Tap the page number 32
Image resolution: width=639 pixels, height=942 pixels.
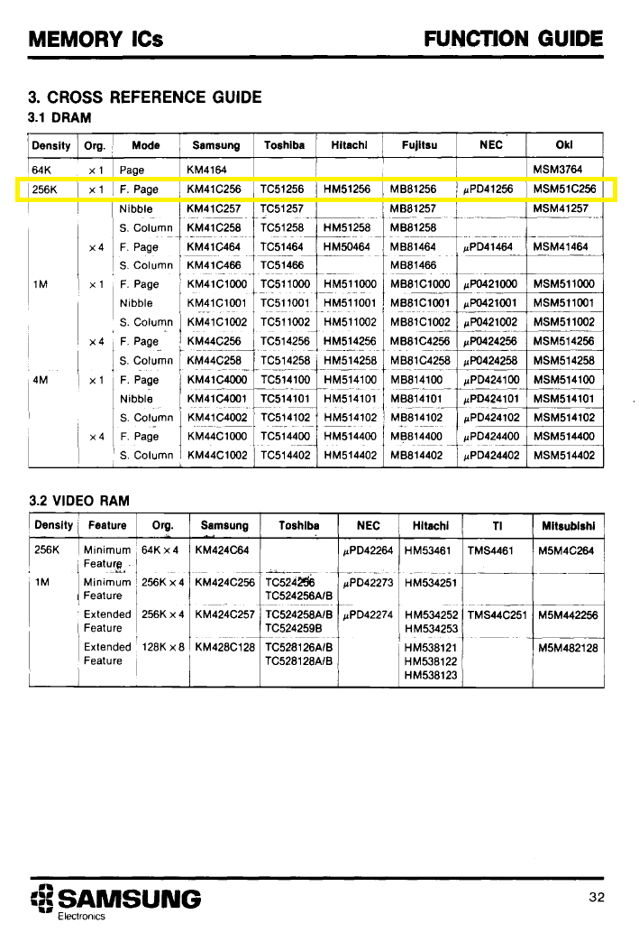pos(597,896)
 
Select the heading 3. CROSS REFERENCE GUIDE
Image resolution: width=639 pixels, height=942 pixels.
pos(145,97)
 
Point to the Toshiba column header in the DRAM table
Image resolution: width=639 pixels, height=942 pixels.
pos(284,145)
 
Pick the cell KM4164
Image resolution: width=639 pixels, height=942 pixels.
pos(206,170)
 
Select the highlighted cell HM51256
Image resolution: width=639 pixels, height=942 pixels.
pos(347,189)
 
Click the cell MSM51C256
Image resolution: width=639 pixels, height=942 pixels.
pos(564,189)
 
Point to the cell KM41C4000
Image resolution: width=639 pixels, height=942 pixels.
pos(216,380)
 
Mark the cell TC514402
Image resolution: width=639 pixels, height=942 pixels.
pos(286,456)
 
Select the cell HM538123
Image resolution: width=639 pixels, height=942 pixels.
pos(432,674)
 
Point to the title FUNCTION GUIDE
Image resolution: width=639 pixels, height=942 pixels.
pos(513,39)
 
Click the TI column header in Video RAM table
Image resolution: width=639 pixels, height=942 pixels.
pos(497,525)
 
